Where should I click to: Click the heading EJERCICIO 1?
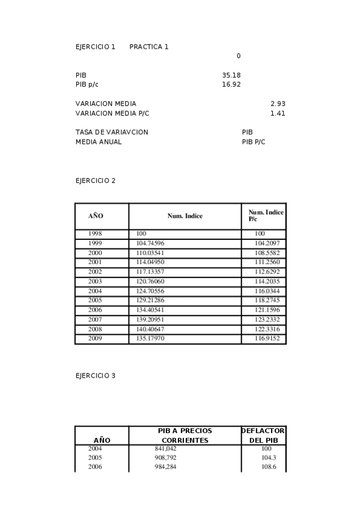(95, 46)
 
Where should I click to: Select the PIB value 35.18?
(231, 75)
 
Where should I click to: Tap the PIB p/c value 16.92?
(231, 85)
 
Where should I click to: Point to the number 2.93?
(278, 103)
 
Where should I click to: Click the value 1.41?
(278, 113)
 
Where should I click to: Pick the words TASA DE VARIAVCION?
(112, 132)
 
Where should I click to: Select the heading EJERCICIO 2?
(95, 180)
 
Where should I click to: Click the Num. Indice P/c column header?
(265, 216)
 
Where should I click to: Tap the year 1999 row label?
(95, 243)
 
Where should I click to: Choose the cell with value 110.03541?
(150, 253)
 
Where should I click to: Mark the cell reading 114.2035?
(267, 281)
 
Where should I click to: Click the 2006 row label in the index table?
(95, 310)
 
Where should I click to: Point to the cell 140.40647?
(150, 330)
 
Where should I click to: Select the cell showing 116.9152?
(267, 339)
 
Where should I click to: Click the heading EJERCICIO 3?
(95, 376)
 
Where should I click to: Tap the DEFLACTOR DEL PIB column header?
(263, 435)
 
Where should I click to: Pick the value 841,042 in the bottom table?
(165, 449)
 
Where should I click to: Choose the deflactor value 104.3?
(266, 458)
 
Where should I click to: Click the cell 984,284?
(165, 467)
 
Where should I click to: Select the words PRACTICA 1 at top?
(148, 46)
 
